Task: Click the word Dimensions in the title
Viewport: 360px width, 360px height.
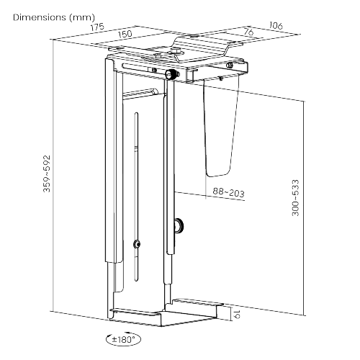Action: pos(35,16)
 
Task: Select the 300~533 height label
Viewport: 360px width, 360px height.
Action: pos(295,204)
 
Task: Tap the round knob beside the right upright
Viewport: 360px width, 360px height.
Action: pos(180,227)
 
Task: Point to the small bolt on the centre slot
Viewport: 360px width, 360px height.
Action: pos(135,243)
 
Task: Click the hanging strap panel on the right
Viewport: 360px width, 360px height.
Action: pos(219,126)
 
